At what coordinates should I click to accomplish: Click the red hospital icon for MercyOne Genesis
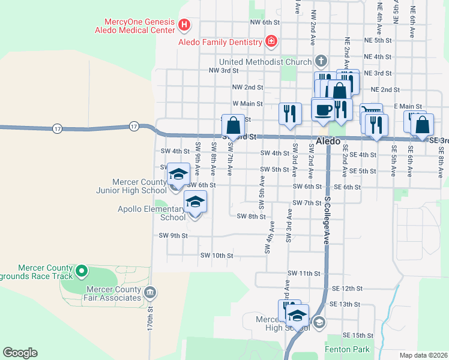pos(185,25)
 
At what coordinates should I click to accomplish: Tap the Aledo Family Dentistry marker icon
pos(271,41)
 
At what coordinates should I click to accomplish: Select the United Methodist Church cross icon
pos(321,61)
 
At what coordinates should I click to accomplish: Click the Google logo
pos(20,352)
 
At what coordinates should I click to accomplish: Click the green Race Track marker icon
pos(83,271)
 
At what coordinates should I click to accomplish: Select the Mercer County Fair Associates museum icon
pos(149,293)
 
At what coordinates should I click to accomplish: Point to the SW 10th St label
pos(217,256)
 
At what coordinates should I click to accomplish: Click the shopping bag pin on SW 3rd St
pos(234,125)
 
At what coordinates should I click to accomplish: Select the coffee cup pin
pos(323,110)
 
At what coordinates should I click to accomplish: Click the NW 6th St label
pos(265,22)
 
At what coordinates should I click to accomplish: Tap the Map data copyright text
pos(424,355)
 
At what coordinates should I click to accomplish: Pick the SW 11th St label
pos(304,273)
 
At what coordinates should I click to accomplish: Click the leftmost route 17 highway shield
pos(57,128)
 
